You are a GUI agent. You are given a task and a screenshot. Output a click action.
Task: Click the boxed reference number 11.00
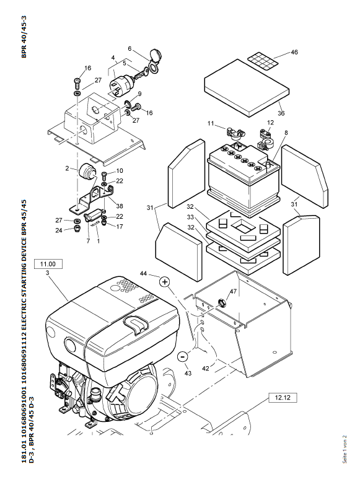[x=48, y=264]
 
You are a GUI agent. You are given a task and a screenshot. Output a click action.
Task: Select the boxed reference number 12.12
[x=283, y=398]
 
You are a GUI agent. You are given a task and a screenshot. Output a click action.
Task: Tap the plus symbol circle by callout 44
[x=165, y=282]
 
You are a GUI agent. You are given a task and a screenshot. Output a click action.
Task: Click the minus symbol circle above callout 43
[x=183, y=356]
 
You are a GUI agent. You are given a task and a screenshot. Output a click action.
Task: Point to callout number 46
[x=294, y=52]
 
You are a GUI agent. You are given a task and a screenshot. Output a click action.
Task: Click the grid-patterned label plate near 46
[x=263, y=60]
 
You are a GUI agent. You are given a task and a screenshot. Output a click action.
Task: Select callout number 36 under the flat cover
[x=281, y=113]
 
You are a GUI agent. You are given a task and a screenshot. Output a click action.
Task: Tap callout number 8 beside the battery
[x=286, y=133]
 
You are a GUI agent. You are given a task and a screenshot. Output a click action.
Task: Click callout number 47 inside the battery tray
[x=233, y=291]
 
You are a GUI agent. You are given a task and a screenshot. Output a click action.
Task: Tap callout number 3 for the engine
[x=47, y=273]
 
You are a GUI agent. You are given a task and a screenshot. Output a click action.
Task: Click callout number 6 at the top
[x=130, y=49]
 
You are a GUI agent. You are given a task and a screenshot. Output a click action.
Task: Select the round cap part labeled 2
[x=87, y=172]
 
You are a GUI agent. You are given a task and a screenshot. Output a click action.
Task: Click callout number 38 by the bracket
[x=119, y=206]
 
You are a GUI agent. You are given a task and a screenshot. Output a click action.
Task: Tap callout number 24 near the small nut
[x=59, y=230]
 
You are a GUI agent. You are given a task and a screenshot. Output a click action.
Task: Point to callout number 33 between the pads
[x=190, y=217]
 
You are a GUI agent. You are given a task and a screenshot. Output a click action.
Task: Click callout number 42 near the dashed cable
[x=205, y=369]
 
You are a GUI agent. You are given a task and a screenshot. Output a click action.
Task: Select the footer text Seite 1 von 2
[x=345, y=449]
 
